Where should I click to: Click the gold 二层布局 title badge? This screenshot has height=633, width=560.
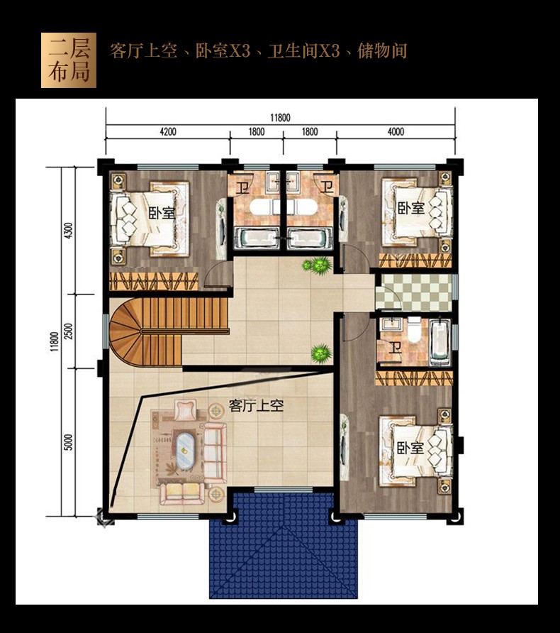click(69, 60)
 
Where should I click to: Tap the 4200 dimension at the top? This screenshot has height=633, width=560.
click(168, 131)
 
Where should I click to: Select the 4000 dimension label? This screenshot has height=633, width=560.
click(396, 131)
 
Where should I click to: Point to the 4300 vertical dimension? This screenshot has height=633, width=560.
click(69, 231)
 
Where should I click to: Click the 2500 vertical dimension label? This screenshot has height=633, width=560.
click(69, 331)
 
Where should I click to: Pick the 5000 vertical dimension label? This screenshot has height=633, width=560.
click(69, 442)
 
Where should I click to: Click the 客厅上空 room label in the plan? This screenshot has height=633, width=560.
click(256, 405)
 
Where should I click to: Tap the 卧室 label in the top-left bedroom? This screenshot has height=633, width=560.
click(162, 213)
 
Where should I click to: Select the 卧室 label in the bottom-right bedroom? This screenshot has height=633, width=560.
click(410, 448)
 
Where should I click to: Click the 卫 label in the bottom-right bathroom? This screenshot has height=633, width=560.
click(395, 348)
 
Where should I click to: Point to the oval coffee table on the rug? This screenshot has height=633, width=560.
click(185, 451)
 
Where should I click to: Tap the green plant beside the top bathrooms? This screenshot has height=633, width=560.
click(318, 265)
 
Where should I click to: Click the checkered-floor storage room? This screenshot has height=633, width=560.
click(413, 292)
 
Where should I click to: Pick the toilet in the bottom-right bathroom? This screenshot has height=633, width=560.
click(414, 329)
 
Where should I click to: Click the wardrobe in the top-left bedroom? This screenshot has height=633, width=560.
click(154, 282)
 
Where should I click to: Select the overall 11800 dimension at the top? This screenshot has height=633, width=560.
click(280, 118)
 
